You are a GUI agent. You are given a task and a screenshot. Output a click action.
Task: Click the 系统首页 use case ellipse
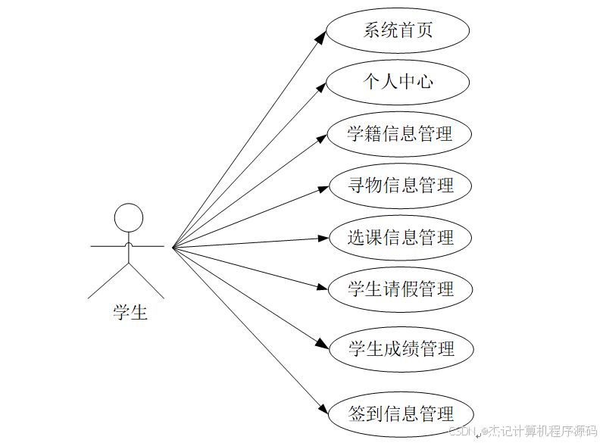coord(398,31)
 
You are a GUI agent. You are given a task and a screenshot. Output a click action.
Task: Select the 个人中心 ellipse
coord(398,82)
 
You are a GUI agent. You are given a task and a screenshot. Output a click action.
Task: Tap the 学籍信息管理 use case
coord(399,134)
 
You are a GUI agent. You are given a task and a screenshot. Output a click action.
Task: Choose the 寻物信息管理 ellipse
coord(400,186)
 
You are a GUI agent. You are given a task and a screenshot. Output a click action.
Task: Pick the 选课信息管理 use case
coord(400,238)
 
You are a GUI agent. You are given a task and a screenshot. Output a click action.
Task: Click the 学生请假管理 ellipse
coord(400,289)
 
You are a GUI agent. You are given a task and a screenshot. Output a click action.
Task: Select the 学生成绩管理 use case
coord(401,349)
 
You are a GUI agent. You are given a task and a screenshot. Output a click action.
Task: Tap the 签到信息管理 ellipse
coord(401,414)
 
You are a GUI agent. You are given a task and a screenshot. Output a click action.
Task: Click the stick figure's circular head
coord(128,218)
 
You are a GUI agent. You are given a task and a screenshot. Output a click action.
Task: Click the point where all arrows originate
coord(173,247)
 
